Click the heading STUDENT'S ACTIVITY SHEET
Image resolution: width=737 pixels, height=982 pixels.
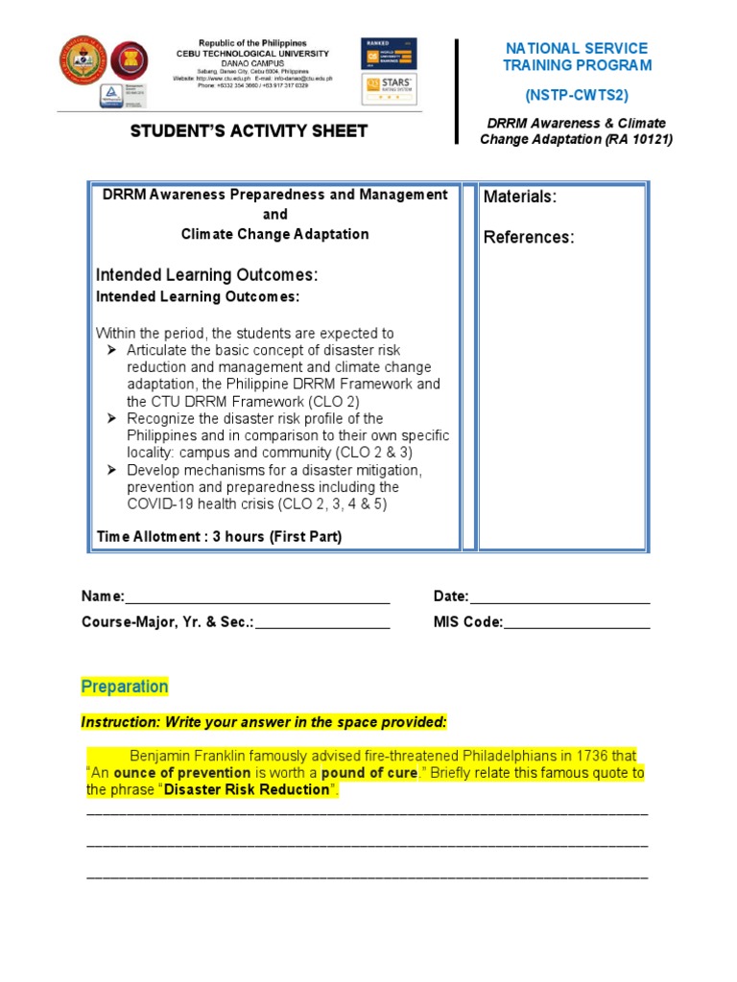249,131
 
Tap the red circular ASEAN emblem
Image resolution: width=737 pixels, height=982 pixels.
130,61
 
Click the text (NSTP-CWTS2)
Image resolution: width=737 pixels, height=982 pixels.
577,95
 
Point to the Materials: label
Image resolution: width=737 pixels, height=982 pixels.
519,197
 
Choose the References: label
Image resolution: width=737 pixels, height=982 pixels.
529,237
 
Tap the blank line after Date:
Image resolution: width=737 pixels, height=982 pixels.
559,597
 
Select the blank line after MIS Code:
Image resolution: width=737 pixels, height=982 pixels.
577,622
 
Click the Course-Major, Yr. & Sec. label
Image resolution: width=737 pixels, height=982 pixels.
167,622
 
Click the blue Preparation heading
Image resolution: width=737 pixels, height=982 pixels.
124,687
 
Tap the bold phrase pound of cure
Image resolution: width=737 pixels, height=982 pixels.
369,773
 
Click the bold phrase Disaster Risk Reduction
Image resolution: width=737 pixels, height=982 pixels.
247,790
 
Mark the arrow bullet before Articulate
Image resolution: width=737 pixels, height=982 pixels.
111,350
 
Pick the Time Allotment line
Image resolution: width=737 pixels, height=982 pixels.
219,537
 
